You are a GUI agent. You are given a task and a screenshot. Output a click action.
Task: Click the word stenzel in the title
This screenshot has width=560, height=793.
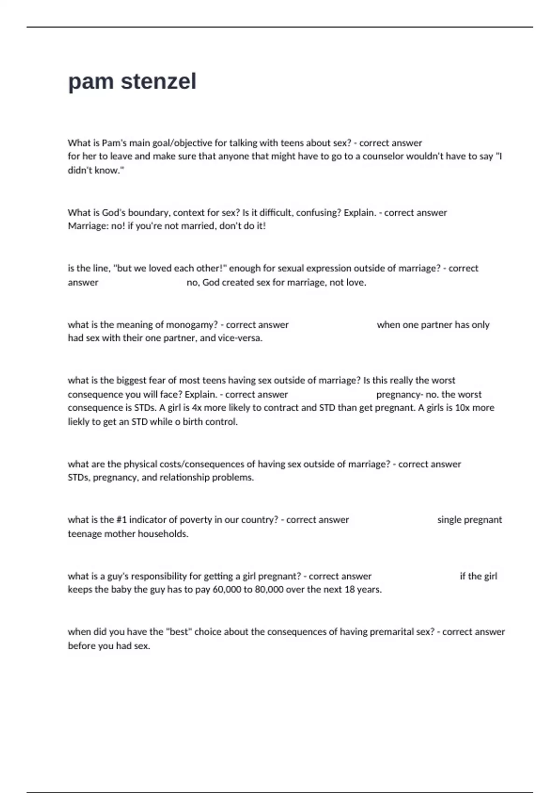pos(159,82)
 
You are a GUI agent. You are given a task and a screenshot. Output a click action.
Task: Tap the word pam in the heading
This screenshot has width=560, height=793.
pos(91,82)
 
